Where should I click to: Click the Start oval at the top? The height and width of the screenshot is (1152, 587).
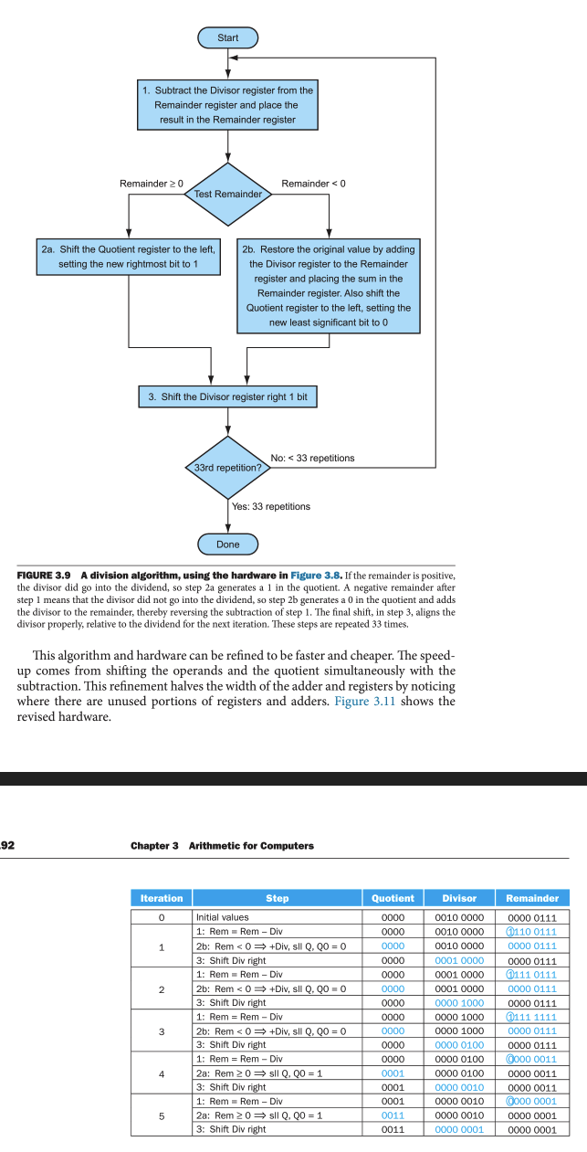point(228,37)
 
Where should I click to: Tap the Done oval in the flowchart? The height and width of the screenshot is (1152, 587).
point(228,544)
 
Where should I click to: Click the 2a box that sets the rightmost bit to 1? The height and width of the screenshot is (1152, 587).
point(129,257)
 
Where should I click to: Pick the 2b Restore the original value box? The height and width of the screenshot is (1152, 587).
point(330,285)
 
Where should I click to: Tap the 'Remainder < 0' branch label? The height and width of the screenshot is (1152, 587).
point(313,184)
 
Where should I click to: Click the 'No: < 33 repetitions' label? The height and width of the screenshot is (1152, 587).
point(312,458)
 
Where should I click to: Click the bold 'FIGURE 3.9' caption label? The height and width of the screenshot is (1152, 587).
point(45,575)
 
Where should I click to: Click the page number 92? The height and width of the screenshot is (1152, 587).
point(7,845)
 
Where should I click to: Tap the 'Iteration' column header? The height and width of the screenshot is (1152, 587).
point(162,898)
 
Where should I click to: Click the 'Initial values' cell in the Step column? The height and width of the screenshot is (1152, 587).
point(222,916)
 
